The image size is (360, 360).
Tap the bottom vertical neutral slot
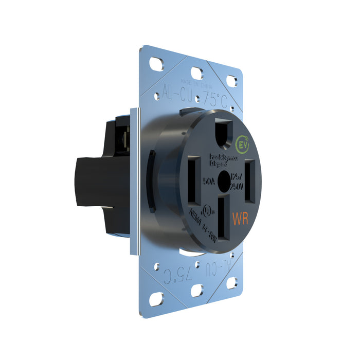click(x=224, y=219)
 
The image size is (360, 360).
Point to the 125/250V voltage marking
click(x=238, y=181)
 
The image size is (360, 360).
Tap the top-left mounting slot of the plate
click(x=155, y=65)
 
